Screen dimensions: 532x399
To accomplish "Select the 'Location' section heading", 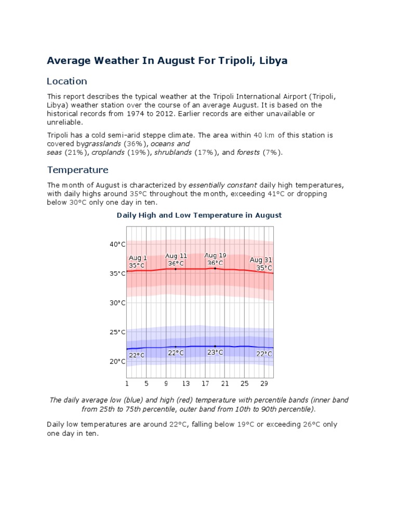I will click(67, 82).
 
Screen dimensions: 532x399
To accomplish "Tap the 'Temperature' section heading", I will click(78, 170).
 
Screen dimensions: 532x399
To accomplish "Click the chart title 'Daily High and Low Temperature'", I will click(199, 215).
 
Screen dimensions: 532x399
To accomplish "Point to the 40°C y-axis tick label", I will click(117, 244).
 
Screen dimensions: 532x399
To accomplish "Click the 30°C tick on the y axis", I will click(117, 303).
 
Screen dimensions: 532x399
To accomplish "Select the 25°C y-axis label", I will click(117, 332).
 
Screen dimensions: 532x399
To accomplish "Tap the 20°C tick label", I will click(117, 362).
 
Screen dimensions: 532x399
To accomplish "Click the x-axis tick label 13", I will click(186, 384).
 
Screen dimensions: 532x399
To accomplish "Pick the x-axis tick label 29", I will click(264, 384).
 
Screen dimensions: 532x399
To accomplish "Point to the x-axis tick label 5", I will click(147, 384).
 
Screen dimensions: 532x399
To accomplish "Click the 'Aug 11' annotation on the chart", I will click(176, 256).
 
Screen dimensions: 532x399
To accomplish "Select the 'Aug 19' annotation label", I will click(215, 256).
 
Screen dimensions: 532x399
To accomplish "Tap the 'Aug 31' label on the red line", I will click(261, 260).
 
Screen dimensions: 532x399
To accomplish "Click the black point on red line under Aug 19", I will click(215, 268).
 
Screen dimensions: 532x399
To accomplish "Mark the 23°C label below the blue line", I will click(215, 352).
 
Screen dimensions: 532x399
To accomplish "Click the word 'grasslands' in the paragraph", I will click(103, 143).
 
